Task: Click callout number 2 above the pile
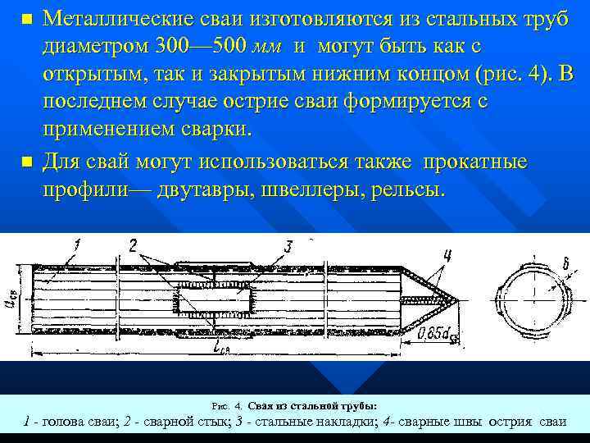pos(133,244)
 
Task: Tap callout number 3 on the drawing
pos(288,245)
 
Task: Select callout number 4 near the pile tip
pos(447,255)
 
